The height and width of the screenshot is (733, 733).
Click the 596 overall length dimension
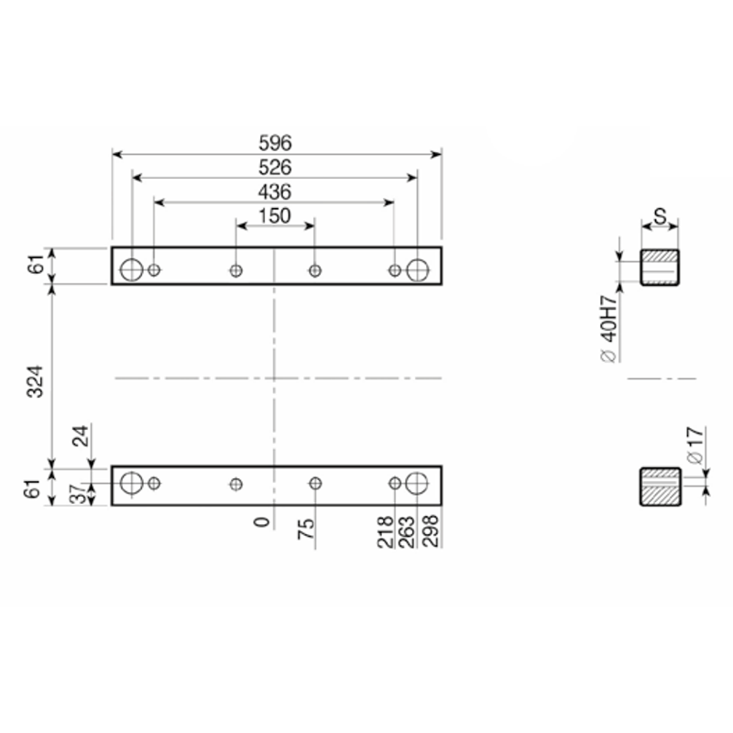pos(275,143)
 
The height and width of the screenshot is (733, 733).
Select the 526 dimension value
pos(275,168)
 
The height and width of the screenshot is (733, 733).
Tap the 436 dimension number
pos(275,191)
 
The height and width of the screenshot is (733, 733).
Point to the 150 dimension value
pos(275,216)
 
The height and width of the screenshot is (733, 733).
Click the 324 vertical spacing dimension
pos(35,381)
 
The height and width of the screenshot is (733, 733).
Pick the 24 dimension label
pos(81,436)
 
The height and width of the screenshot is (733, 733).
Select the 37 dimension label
pos(78,494)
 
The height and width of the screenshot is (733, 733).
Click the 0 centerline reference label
pos(262,522)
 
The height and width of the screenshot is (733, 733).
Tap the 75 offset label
pos(306,529)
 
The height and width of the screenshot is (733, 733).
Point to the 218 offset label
pos(385,531)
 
